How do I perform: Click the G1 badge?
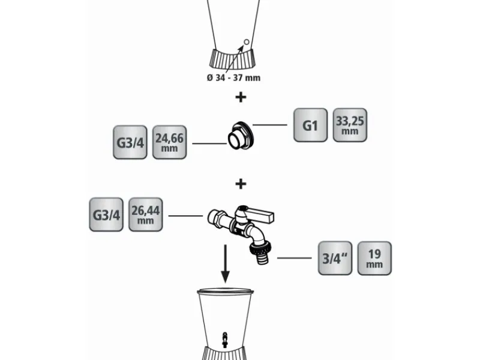tap(310, 125)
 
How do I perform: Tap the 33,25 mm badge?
tap(349, 125)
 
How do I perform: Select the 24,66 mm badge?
tap(169, 142)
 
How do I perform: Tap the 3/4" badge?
tap(334, 258)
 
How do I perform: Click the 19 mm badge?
tap(374, 258)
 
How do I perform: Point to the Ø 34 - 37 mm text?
tap(234, 77)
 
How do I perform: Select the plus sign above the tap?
tap(240, 183)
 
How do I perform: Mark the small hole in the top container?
tap(245, 42)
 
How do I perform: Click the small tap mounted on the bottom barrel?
tap(224, 339)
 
